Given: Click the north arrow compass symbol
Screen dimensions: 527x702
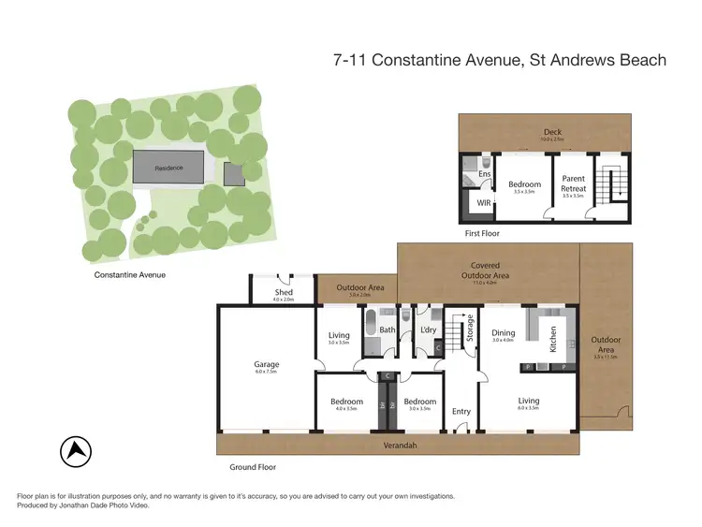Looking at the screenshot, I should (76, 453).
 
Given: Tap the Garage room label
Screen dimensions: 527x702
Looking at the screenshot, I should (267, 365).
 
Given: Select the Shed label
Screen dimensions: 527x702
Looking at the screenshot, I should (284, 292).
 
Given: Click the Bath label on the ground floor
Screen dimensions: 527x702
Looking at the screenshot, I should (388, 329).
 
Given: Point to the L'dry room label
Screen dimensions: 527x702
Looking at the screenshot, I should (430, 329).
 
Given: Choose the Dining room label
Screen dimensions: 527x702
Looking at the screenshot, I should (504, 332).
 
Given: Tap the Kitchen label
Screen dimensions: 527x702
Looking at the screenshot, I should (553, 339).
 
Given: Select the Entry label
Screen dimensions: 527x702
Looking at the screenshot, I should (461, 411).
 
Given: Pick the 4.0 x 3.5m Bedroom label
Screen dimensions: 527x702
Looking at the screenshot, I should (346, 402).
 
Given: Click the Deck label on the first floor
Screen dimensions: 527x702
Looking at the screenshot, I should (553, 132).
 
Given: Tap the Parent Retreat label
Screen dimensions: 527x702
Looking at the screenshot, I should (573, 184).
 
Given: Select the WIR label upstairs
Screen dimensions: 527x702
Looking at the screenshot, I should (484, 202).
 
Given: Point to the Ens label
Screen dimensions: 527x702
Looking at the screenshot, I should (484, 174).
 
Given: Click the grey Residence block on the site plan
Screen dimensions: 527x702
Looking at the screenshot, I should (169, 168).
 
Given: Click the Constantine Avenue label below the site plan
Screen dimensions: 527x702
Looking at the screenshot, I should (130, 275).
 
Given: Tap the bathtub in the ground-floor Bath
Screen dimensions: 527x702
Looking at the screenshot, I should (371, 328).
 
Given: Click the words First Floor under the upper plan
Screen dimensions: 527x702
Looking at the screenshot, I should (482, 232).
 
